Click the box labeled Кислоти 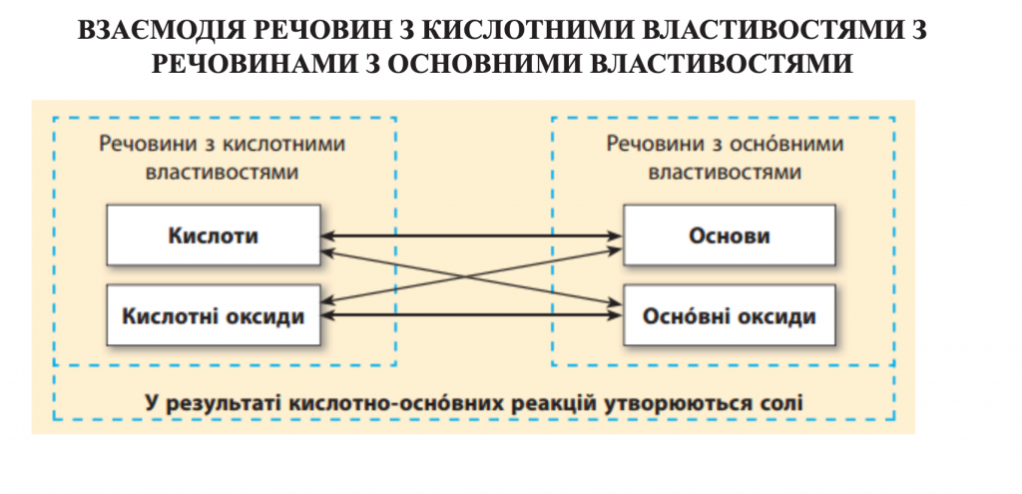[214, 237]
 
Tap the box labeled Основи [730, 237]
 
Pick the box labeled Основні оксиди [730, 316]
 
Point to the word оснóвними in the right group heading [790, 144]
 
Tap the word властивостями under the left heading [222, 171]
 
